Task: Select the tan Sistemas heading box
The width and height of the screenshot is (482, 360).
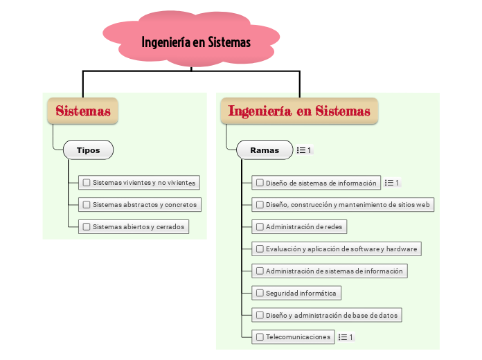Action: coord(83,111)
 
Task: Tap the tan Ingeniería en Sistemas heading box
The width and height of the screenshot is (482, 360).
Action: coord(299,111)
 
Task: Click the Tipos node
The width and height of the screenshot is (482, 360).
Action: coord(88,150)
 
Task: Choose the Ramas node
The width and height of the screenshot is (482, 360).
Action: coord(265,150)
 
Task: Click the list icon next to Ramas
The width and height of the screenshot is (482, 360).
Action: coord(303,150)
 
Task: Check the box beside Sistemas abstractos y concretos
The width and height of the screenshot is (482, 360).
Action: coord(87,205)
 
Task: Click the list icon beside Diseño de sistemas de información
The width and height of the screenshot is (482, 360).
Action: coord(392,183)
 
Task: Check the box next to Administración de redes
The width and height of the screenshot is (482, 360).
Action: coord(260,227)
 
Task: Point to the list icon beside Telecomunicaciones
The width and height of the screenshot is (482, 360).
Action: coord(346,337)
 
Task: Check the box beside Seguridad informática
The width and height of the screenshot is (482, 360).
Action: coord(260,294)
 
